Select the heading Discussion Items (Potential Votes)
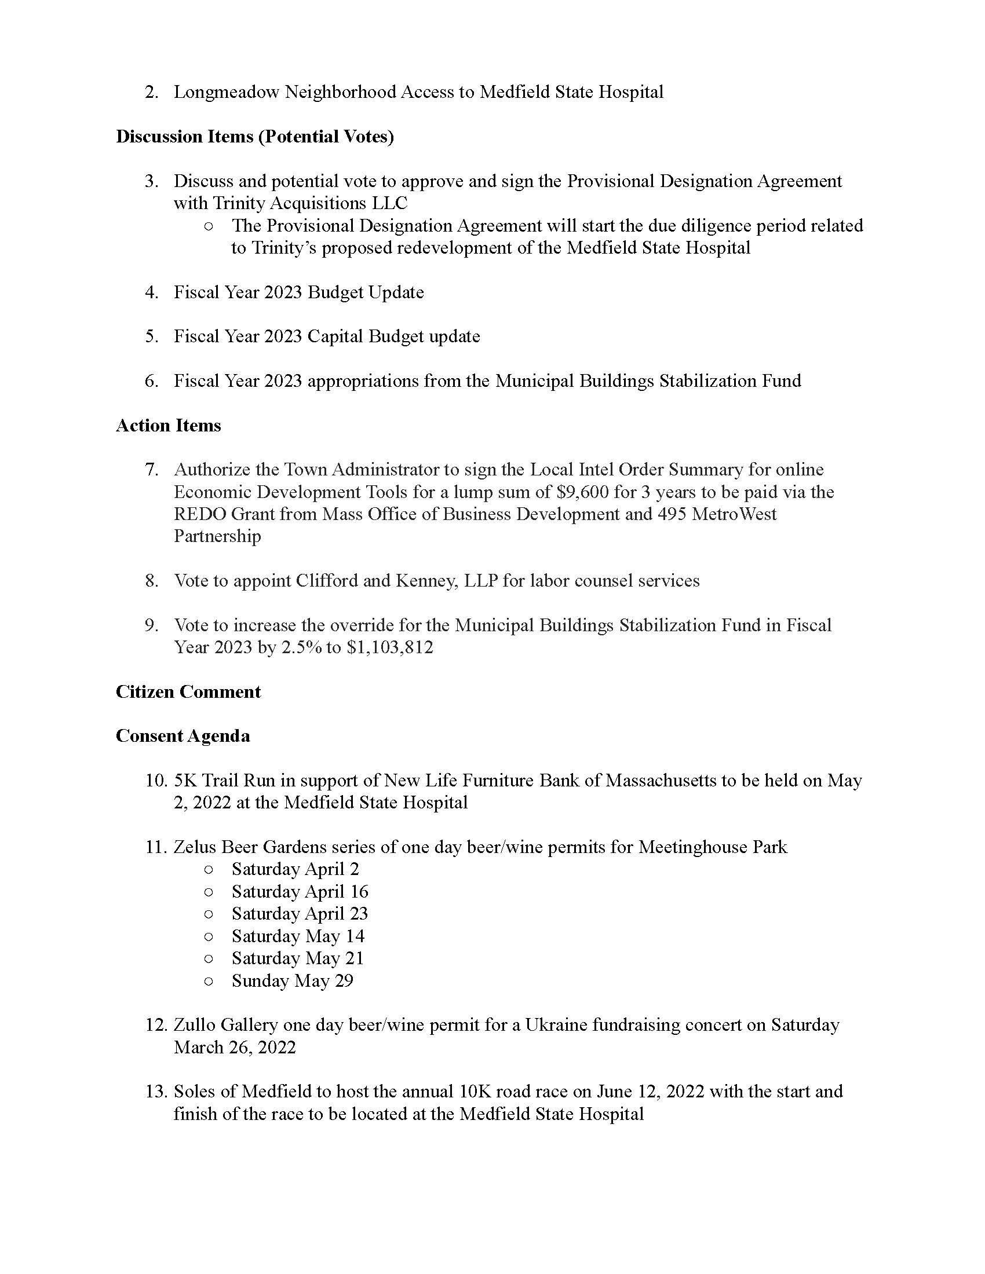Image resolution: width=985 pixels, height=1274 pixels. (x=254, y=137)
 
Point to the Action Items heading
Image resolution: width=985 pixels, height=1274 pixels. (x=168, y=425)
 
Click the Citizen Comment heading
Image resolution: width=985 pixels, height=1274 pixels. (x=188, y=691)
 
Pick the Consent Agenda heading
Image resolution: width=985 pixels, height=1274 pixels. (x=183, y=735)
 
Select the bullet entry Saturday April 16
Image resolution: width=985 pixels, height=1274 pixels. (x=300, y=891)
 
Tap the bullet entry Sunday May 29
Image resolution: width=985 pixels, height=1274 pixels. (x=293, y=980)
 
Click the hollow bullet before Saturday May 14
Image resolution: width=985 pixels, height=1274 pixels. (x=209, y=937)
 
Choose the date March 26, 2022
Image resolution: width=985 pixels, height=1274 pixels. (x=235, y=1047)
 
